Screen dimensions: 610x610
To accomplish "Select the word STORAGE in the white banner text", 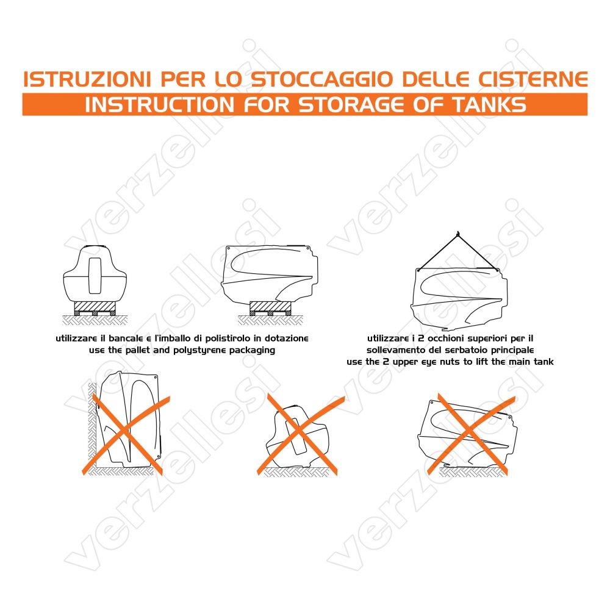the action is [351, 104].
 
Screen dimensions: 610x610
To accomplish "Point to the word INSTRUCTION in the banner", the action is [160, 104].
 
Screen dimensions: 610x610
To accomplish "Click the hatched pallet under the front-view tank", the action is [95, 308].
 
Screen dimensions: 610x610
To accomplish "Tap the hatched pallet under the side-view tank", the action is [270, 308].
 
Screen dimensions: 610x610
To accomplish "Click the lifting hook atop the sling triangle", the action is [458, 234].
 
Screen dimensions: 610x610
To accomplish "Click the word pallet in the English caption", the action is [137, 350].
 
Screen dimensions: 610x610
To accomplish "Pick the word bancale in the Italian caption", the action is [125, 339].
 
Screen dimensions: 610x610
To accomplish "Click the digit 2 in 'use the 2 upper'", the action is [386, 362].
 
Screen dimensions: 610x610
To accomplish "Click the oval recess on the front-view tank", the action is [95, 275].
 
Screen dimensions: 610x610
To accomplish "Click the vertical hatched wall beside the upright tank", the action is [92, 425].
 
